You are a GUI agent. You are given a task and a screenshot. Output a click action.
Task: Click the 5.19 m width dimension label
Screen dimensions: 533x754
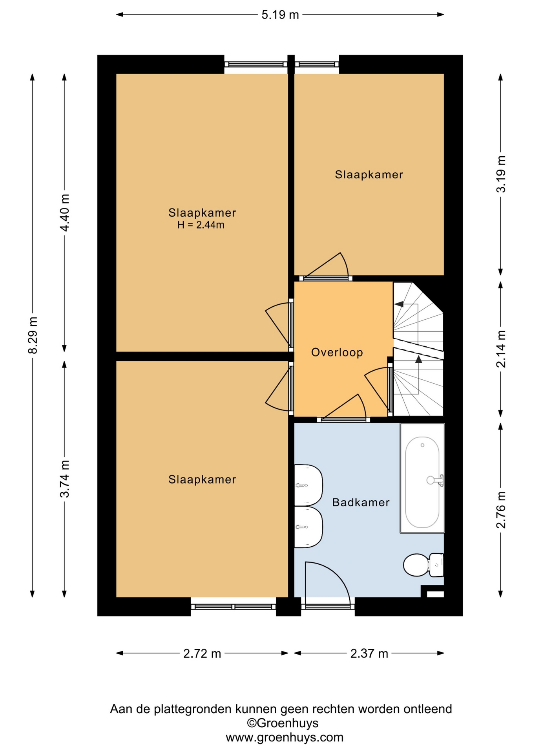(x=280, y=15)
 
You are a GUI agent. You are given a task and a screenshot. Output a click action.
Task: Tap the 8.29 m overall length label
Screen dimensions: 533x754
(x=33, y=335)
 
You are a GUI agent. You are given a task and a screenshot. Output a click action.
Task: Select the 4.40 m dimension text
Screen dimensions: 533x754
(x=65, y=212)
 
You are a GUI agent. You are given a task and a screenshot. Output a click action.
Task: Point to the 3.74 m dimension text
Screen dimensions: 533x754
(x=65, y=479)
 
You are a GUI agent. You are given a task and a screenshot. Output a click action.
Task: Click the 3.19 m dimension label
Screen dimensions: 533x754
(x=501, y=174)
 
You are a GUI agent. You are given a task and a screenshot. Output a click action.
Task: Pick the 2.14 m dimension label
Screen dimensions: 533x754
(x=501, y=349)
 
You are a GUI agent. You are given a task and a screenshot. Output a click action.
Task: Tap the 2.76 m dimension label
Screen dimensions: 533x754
(x=501, y=509)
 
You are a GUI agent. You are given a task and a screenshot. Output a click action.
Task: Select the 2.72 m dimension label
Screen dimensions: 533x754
(x=202, y=654)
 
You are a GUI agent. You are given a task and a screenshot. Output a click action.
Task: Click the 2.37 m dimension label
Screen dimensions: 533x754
(x=369, y=654)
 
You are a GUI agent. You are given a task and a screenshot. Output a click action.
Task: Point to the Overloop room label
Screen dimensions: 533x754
(x=337, y=352)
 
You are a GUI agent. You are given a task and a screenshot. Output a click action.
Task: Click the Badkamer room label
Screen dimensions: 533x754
(x=361, y=502)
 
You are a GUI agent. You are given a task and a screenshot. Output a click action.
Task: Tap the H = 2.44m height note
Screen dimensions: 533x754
(x=201, y=225)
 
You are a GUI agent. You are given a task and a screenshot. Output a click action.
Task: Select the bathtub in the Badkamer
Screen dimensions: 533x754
(x=422, y=478)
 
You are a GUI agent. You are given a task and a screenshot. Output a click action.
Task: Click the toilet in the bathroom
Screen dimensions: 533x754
(x=423, y=565)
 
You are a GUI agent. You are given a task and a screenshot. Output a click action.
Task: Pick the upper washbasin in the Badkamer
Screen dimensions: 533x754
(x=308, y=485)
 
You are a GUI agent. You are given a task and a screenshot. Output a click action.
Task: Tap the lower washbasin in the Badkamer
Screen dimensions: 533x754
(x=308, y=527)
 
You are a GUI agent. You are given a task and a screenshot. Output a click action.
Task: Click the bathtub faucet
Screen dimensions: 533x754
(x=436, y=480)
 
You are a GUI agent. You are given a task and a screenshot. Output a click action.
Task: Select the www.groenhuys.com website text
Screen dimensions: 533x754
(x=285, y=737)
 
